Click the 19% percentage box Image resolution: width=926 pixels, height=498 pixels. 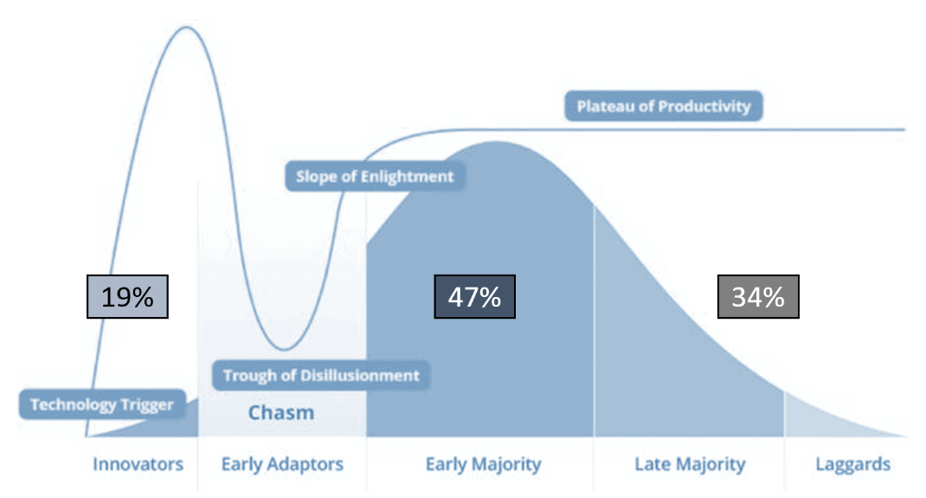(x=127, y=296)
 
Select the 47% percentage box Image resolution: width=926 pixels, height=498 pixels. (x=475, y=296)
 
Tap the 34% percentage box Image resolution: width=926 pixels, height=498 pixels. (x=758, y=296)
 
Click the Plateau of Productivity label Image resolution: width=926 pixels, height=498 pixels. (x=664, y=107)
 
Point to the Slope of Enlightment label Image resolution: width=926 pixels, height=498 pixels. (x=375, y=176)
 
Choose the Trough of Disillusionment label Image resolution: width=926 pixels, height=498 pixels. (x=321, y=375)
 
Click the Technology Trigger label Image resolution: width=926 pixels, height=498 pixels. (x=102, y=404)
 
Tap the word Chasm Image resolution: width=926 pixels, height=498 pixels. (x=281, y=412)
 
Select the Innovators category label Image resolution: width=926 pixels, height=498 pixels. (x=138, y=464)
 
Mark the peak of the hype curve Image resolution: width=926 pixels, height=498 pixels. (x=187, y=27)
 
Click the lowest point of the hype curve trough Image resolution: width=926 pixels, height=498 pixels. (x=284, y=349)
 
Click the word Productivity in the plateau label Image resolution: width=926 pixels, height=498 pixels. (x=704, y=107)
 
